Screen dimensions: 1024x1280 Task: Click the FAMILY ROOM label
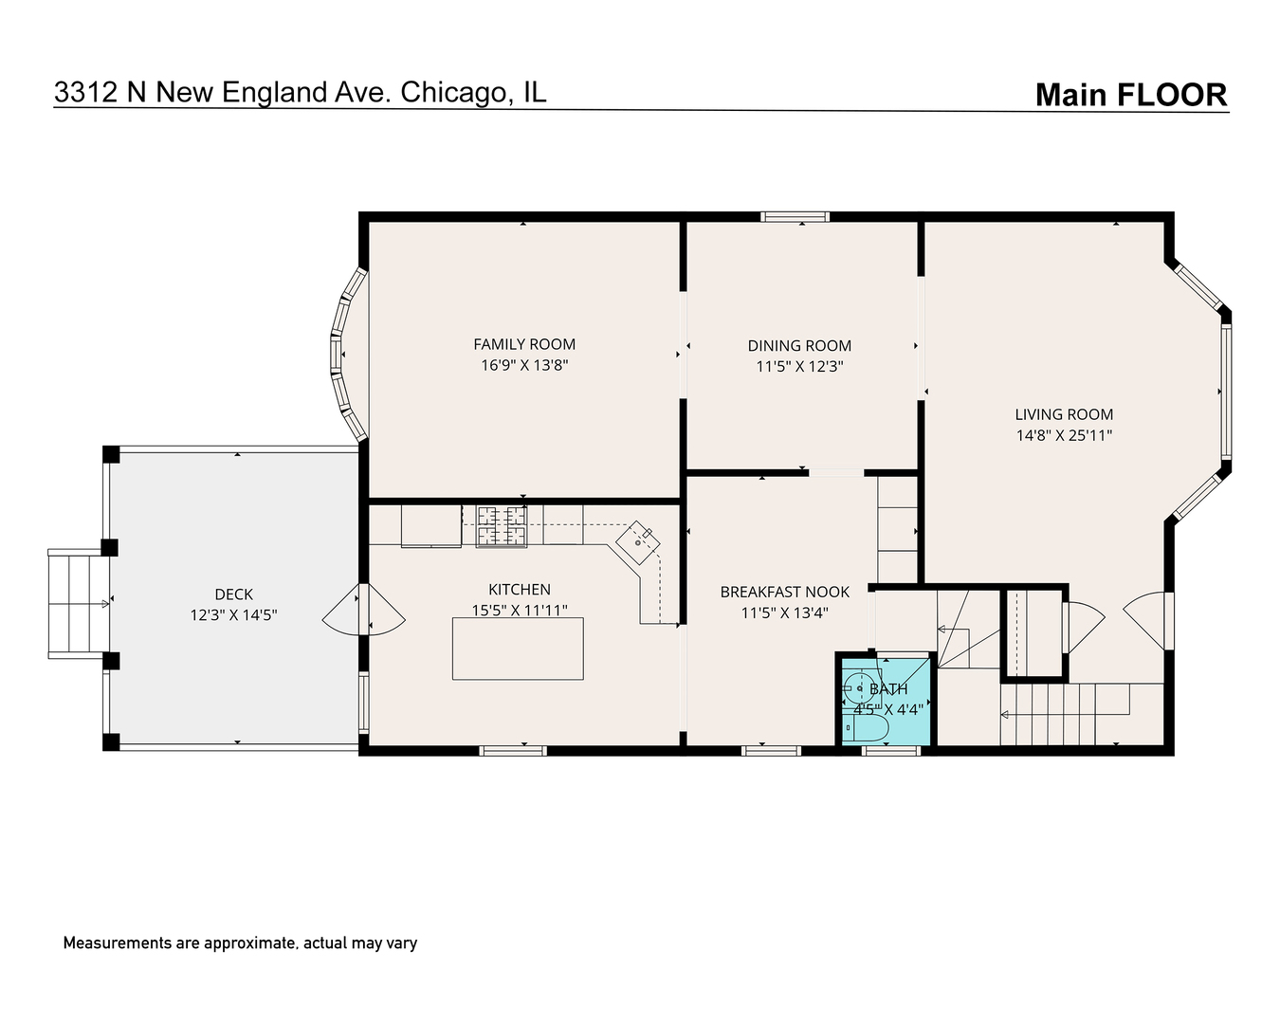coord(524,344)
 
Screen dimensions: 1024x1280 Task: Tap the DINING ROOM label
coord(799,346)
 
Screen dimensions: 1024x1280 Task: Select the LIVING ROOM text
coord(1064,414)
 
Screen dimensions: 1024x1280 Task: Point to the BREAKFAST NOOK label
coord(784,592)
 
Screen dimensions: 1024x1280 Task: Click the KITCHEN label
coord(519,590)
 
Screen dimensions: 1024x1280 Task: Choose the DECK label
coord(233,594)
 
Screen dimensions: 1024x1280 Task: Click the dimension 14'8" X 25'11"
coord(1064,436)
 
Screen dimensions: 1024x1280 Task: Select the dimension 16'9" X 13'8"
coord(524,365)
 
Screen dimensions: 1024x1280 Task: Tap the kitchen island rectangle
coord(518,649)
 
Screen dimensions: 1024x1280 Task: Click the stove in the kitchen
coord(501,526)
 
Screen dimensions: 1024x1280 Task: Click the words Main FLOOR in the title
coord(1130,95)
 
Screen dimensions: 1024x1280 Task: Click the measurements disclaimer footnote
coord(240,943)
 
